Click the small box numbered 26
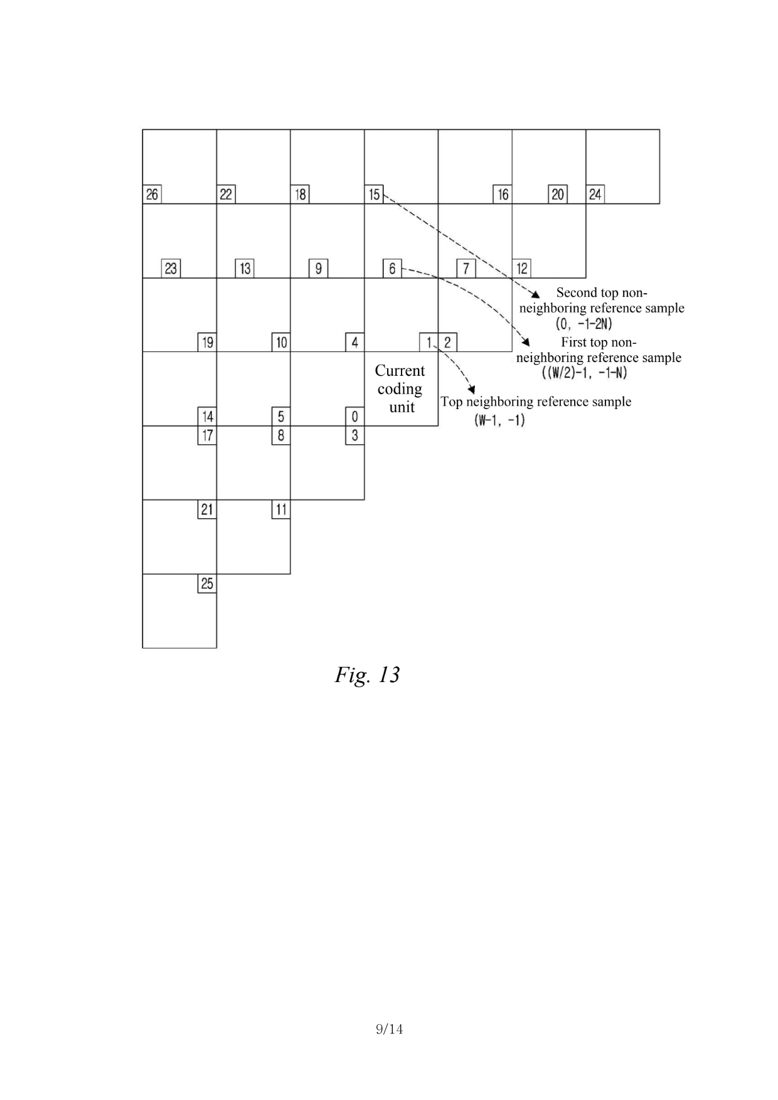(x=152, y=195)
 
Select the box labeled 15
(x=374, y=195)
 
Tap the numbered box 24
(x=595, y=195)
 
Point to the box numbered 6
(x=392, y=269)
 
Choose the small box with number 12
(x=522, y=269)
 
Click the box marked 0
(x=354, y=417)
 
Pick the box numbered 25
(x=207, y=584)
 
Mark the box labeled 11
(x=281, y=510)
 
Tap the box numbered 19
(x=207, y=343)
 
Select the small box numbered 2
(x=447, y=343)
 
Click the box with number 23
(x=171, y=269)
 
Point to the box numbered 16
(x=503, y=195)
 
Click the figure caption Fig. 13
(x=367, y=675)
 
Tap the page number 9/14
(x=389, y=1029)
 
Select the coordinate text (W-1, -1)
(x=499, y=420)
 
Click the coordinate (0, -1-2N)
(x=584, y=324)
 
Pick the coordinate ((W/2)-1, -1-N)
(x=584, y=373)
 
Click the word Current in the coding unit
(x=400, y=371)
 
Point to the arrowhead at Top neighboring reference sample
(x=472, y=390)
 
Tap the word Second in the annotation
(x=576, y=292)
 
